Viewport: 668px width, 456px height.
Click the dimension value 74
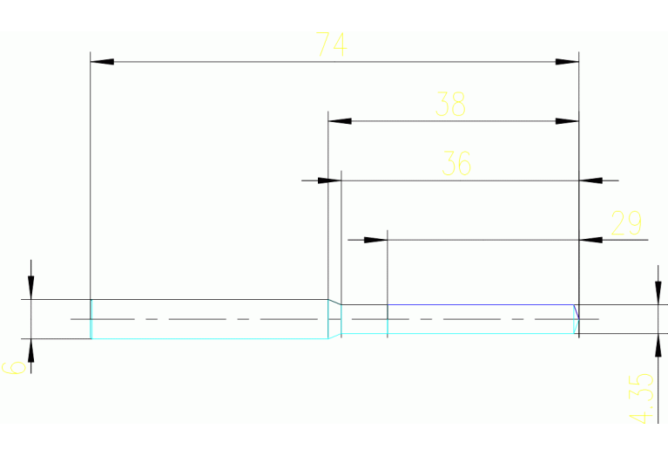[x=331, y=44]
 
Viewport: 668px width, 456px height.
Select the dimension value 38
[x=451, y=105]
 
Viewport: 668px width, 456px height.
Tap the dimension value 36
[x=456, y=163]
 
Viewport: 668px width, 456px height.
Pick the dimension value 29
[x=626, y=224]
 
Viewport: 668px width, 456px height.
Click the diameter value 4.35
[x=641, y=398]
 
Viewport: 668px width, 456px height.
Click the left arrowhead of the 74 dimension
[x=103, y=62]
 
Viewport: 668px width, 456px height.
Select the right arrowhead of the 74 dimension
[x=568, y=62]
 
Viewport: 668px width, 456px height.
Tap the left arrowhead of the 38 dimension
[x=340, y=121]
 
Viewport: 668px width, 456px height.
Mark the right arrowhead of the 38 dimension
[x=568, y=121]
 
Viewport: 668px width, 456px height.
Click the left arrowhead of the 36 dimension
[x=328, y=180]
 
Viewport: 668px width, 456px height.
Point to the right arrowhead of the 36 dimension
[x=590, y=180]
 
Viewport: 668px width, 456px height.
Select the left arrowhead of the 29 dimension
[x=375, y=239]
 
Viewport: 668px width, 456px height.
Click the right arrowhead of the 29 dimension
[x=590, y=239]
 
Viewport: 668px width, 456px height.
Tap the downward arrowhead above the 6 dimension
[x=31, y=288]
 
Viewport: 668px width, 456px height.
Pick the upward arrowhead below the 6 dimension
[x=31, y=350]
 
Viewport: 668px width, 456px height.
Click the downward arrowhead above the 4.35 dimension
[x=657, y=292]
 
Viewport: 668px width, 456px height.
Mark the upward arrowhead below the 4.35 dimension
[x=657, y=345]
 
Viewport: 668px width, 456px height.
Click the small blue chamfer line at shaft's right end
[x=575, y=312]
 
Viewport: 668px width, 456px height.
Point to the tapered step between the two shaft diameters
[x=334, y=319]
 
